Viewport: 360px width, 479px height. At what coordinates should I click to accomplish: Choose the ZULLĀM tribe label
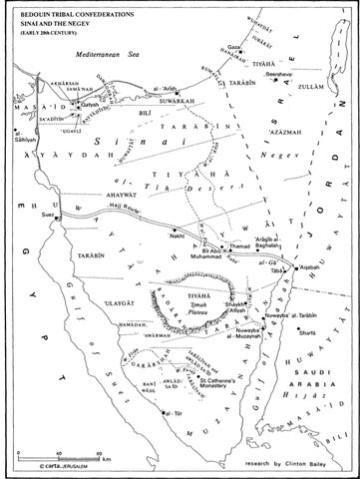320,76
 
